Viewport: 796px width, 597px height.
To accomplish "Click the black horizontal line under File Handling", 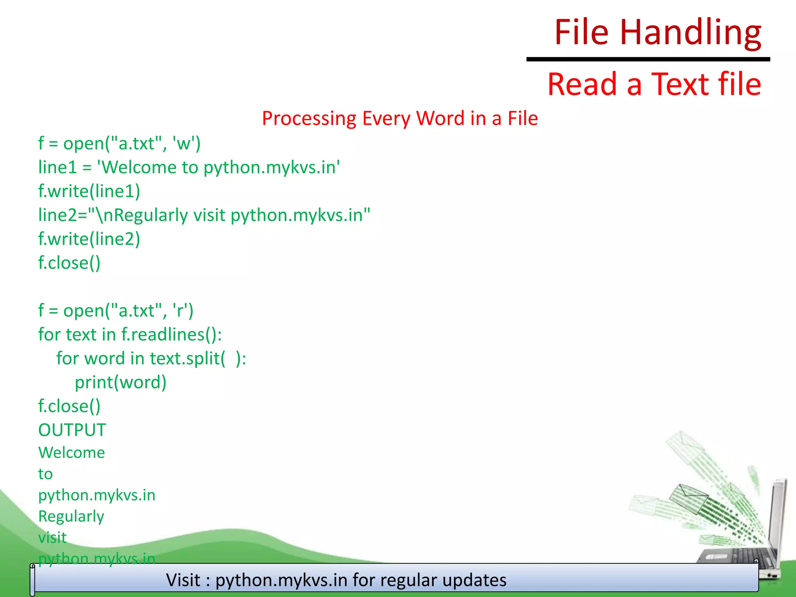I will (x=648, y=59).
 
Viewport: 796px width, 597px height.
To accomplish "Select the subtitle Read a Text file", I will (x=654, y=84).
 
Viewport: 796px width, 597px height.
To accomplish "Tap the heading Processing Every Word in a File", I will (x=400, y=119).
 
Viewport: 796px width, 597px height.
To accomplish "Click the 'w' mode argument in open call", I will (x=183, y=144).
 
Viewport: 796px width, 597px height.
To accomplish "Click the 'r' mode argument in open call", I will (x=179, y=311).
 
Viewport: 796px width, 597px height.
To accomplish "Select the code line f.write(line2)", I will (x=89, y=239).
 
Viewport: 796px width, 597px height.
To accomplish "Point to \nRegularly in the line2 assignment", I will (x=142, y=215).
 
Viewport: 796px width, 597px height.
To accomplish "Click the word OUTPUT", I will (x=72, y=430).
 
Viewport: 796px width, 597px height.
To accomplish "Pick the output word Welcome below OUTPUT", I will (x=72, y=453).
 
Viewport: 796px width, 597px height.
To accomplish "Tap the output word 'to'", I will (x=45, y=474).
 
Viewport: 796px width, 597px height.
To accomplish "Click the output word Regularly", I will (x=71, y=517).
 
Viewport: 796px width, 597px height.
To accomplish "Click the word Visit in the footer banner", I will (x=183, y=580).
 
